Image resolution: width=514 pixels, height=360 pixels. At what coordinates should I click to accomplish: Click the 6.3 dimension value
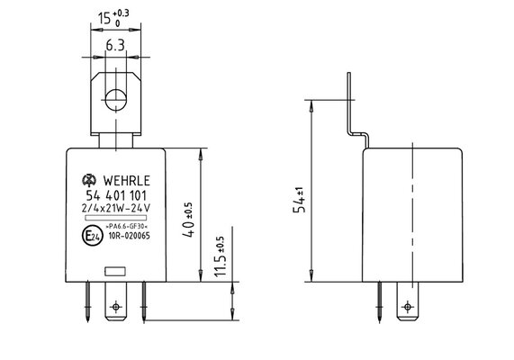tap(115, 45)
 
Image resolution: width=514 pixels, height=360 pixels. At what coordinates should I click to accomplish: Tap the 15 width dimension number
tap(104, 18)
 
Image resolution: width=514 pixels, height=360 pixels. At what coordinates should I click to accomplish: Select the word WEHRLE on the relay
tap(127, 181)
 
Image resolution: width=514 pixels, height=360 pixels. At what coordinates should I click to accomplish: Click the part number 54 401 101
tap(116, 195)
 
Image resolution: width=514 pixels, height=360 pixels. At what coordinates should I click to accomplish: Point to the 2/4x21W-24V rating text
tap(116, 208)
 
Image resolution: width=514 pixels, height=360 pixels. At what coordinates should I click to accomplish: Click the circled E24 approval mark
tap(91, 235)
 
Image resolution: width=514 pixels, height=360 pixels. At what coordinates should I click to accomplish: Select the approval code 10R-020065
tap(129, 236)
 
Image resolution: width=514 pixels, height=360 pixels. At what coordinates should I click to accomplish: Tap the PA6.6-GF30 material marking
tap(128, 226)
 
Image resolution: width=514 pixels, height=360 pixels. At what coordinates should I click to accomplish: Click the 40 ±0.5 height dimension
tap(189, 220)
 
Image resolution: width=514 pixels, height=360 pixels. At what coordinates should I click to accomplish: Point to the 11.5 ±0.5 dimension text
tap(220, 256)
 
